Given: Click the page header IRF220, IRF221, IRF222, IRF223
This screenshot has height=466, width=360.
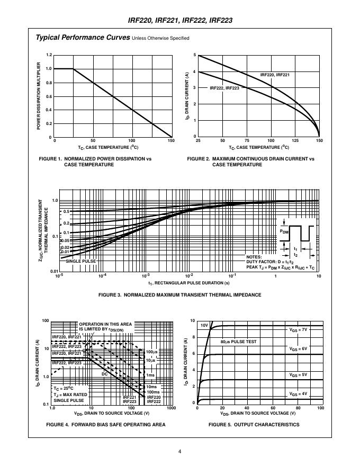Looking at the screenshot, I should (x=181, y=21).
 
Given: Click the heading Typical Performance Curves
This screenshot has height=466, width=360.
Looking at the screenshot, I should (x=83, y=38).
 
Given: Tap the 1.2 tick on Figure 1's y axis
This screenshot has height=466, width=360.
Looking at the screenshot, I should (x=49, y=55).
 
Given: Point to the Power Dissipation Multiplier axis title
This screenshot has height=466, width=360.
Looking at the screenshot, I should (x=39, y=95).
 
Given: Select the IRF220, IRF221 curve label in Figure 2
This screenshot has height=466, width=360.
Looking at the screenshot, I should (x=275, y=75).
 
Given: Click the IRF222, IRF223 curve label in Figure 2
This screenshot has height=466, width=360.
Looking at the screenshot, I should (x=224, y=88).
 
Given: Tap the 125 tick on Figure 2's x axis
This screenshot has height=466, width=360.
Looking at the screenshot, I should (x=295, y=141).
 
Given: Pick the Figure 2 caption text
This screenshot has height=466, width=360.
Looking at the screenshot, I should (x=250, y=162).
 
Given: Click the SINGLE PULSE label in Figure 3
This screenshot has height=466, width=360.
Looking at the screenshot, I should (x=80, y=261).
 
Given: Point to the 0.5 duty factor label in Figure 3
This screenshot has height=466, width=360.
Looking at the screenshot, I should (x=66, y=212).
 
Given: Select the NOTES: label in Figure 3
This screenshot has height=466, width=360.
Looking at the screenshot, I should (x=255, y=257).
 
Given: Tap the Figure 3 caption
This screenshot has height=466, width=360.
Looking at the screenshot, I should (x=180, y=295).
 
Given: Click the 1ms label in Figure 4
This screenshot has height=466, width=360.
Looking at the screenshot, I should (x=151, y=375).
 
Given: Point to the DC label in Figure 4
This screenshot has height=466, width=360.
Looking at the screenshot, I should (x=104, y=373).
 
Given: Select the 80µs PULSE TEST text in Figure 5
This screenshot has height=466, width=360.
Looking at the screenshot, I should (x=238, y=342).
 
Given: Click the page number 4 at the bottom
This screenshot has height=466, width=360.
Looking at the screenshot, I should (x=180, y=451).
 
